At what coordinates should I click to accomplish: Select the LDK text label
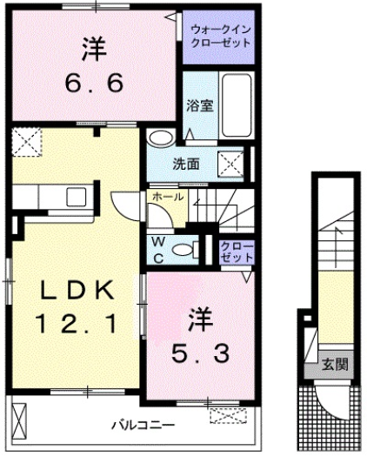[77, 288]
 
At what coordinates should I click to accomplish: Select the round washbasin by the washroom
[159, 138]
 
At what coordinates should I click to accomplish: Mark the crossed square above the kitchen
[29, 142]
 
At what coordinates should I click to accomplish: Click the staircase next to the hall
[217, 208]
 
